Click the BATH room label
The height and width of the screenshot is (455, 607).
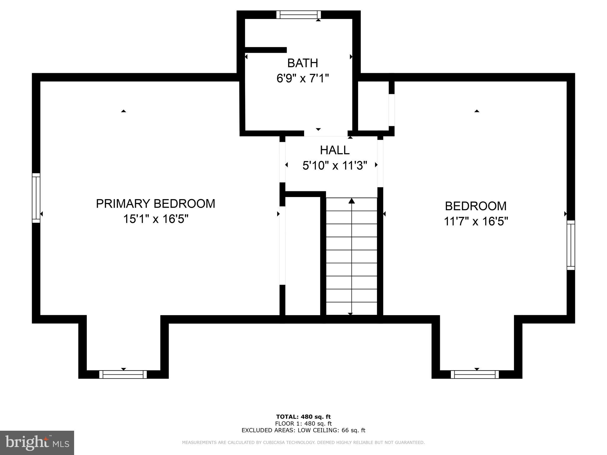pyautogui.click(x=303, y=63)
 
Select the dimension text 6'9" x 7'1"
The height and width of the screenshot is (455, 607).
pyautogui.click(x=303, y=78)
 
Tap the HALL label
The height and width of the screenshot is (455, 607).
pyautogui.click(x=335, y=150)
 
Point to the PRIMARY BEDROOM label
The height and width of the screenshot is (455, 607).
pyautogui.click(x=156, y=204)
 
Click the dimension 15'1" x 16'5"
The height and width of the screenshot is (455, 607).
pyautogui.click(x=156, y=219)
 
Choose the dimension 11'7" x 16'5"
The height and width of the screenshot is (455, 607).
pyautogui.click(x=476, y=221)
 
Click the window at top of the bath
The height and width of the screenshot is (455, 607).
pyautogui.click(x=299, y=15)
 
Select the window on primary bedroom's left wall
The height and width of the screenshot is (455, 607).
pyautogui.click(x=36, y=198)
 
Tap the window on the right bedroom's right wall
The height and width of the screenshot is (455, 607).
pyautogui.click(x=571, y=245)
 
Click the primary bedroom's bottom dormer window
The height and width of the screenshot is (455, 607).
pyautogui.click(x=123, y=374)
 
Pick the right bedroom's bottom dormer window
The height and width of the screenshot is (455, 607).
pyautogui.click(x=475, y=374)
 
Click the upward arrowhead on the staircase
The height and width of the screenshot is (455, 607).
pyautogui.click(x=352, y=201)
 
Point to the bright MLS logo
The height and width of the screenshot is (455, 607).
pyautogui.click(x=37, y=443)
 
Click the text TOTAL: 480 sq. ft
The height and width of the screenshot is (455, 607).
pyautogui.click(x=303, y=417)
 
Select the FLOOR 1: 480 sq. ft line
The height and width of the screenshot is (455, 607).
pyautogui.click(x=303, y=424)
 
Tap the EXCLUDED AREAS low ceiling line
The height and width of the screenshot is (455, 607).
pyautogui.click(x=303, y=430)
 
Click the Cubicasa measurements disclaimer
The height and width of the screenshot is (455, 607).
pyautogui.click(x=303, y=443)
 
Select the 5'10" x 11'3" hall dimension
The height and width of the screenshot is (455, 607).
pyautogui.click(x=335, y=166)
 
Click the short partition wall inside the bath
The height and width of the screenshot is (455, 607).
pyautogui.click(x=266, y=50)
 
